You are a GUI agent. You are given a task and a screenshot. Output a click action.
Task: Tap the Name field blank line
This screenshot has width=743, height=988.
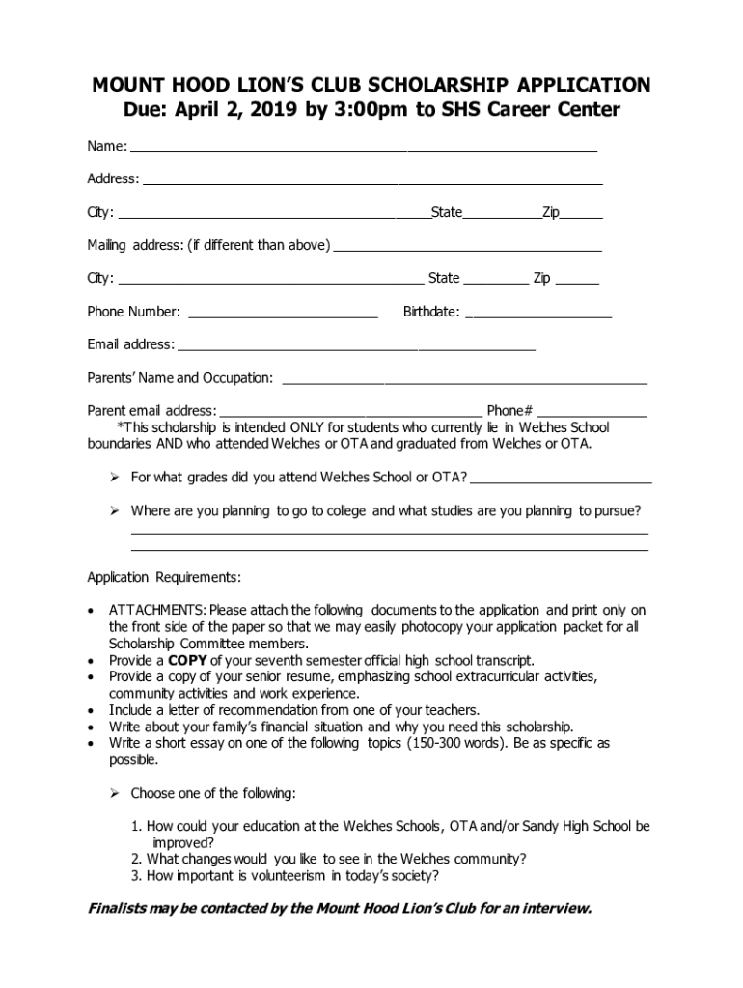(x=364, y=151)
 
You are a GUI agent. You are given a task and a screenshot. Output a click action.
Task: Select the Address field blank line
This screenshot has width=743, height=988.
(x=372, y=182)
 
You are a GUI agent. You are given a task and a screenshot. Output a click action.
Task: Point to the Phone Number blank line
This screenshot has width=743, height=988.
(x=284, y=316)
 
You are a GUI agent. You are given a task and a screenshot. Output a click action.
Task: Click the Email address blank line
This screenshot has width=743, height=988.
(x=356, y=349)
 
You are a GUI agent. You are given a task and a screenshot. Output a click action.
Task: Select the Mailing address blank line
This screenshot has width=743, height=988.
(x=468, y=250)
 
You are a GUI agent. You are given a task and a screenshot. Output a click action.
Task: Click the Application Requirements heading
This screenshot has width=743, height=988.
(x=164, y=578)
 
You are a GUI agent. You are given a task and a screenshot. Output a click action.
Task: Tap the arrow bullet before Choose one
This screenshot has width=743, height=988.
(x=113, y=794)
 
